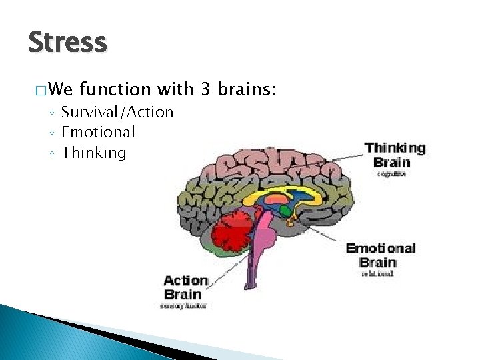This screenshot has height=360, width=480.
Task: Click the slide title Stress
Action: pyautogui.click(x=67, y=43)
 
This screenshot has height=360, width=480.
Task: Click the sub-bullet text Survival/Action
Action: pyautogui.click(x=117, y=112)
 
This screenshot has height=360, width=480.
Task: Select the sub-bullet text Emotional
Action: pyautogui.click(x=98, y=132)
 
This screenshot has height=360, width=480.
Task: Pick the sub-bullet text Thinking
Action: pyautogui.click(x=93, y=153)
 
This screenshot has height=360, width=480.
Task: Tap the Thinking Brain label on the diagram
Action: pyautogui.click(x=395, y=155)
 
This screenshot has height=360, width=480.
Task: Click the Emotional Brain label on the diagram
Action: pyautogui.click(x=380, y=255)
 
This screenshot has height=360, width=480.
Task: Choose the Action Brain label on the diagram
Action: pyautogui.click(x=186, y=287)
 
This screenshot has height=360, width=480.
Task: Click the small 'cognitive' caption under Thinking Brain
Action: pyautogui.click(x=391, y=174)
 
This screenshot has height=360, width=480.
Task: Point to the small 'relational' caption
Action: pyautogui.click(x=377, y=273)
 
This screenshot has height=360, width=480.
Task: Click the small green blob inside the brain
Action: pyautogui.click(x=285, y=211)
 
